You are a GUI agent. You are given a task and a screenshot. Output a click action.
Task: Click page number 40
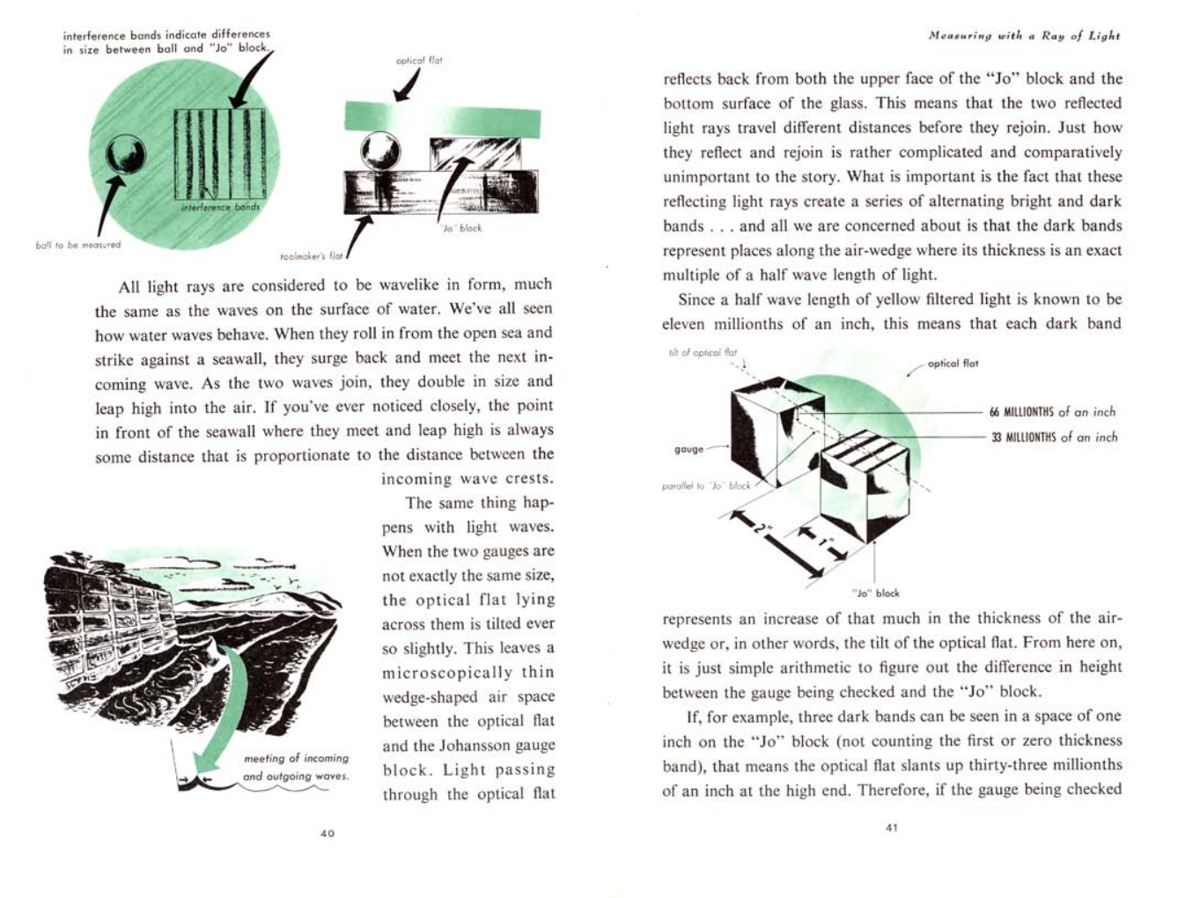[327, 833]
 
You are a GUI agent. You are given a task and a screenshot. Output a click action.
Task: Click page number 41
[891, 827]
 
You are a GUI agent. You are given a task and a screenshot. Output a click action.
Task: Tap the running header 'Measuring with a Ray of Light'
[1024, 36]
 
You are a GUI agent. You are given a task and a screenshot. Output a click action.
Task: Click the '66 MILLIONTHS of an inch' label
[1052, 412]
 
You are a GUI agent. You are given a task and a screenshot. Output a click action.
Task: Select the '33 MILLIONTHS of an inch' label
[1054, 438]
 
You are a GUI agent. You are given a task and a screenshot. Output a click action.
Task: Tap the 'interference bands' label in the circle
[219, 208]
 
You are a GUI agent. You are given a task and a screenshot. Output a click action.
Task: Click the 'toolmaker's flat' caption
[311, 256]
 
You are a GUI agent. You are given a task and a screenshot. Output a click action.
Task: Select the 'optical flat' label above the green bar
[419, 61]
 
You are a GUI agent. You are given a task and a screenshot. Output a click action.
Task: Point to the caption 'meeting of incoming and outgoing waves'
[296, 767]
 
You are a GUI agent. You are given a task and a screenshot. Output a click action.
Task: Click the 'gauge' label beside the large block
[688, 449]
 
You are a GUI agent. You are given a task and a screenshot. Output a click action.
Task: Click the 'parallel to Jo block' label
[706, 485]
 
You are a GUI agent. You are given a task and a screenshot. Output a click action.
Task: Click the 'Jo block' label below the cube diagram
[875, 593]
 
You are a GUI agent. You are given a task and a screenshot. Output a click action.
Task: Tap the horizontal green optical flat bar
[442, 115]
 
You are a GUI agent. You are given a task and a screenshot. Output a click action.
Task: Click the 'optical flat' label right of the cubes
[953, 364]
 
